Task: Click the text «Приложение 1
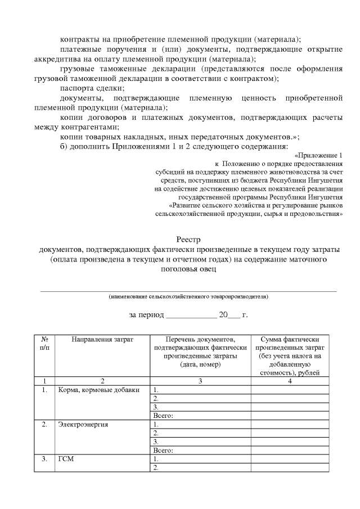[x=318, y=155]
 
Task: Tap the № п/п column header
[x=44, y=344]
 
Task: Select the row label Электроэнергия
[x=83, y=424]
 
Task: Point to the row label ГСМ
[x=66, y=458]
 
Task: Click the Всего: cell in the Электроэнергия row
[x=163, y=450]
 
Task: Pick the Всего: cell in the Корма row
[x=163, y=416]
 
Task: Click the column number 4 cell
[x=290, y=381]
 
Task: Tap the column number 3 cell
[x=200, y=381]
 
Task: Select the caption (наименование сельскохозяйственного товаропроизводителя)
[x=188, y=296]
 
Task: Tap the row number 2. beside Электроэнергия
[x=44, y=424]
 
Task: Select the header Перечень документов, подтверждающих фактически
[x=200, y=344]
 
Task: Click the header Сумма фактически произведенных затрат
[x=290, y=344]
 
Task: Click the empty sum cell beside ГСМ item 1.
[x=290, y=458]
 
